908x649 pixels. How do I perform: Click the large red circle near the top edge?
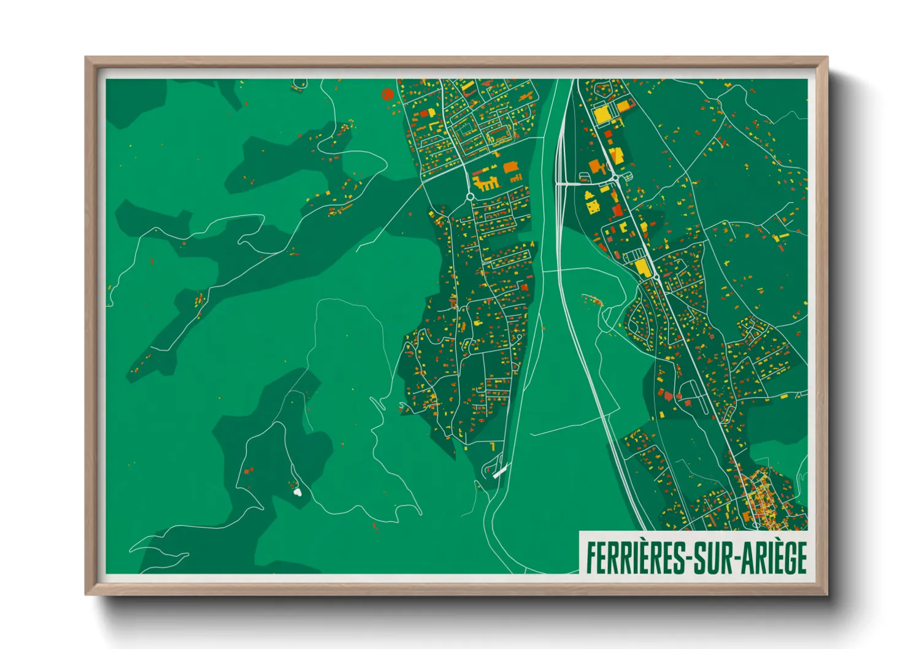[387, 94]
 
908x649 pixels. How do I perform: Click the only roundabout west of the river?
[471, 196]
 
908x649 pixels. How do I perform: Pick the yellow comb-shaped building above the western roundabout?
[485, 183]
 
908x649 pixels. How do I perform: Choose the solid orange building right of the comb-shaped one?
[510, 167]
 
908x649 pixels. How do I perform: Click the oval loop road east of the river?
[696, 396]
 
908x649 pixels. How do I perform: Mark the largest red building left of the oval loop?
[668, 396]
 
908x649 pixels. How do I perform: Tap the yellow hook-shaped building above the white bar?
[492, 446]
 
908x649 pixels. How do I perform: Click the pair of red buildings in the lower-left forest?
[248, 470]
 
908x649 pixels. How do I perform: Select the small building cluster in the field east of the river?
[591, 300]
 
